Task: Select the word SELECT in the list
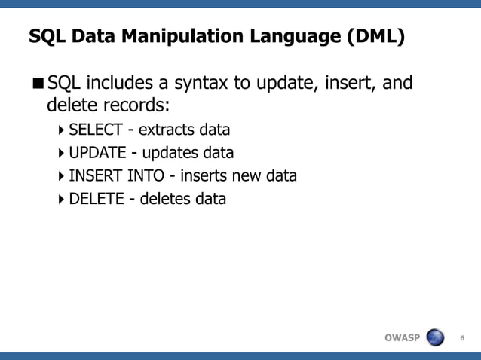pos(96,130)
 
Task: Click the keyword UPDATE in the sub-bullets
pos(97,153)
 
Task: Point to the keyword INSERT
pos(92,176)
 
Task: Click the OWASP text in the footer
pos(402,337)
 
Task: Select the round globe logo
pos(435,337)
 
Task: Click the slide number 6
pos(462,337)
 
